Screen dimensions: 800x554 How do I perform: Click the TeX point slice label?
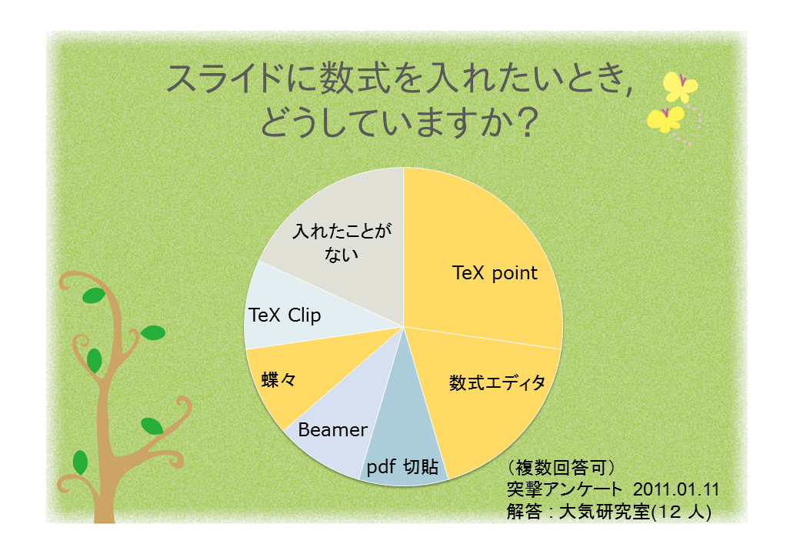point(495,273)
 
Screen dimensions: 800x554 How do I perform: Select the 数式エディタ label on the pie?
point(497,382)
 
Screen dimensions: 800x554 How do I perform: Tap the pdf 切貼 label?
point(402,466)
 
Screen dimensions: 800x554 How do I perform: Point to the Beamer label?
point(332,429)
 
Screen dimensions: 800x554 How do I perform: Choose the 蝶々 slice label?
point(278,379)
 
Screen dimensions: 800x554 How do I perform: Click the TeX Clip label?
point(285,315)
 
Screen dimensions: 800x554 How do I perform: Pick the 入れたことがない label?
point(342,242)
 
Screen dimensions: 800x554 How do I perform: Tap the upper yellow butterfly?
point(679,87)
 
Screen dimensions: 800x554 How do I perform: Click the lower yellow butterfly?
point(665,118)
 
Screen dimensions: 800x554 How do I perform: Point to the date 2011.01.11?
point(676,489)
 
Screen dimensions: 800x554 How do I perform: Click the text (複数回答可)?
point(562,467)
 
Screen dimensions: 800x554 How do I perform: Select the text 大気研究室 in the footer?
point(605,512)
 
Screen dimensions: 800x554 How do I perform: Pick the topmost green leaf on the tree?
point(93,295)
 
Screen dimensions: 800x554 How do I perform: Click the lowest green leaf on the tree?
point(80,462)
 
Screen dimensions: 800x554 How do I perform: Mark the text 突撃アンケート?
point(565,489)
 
